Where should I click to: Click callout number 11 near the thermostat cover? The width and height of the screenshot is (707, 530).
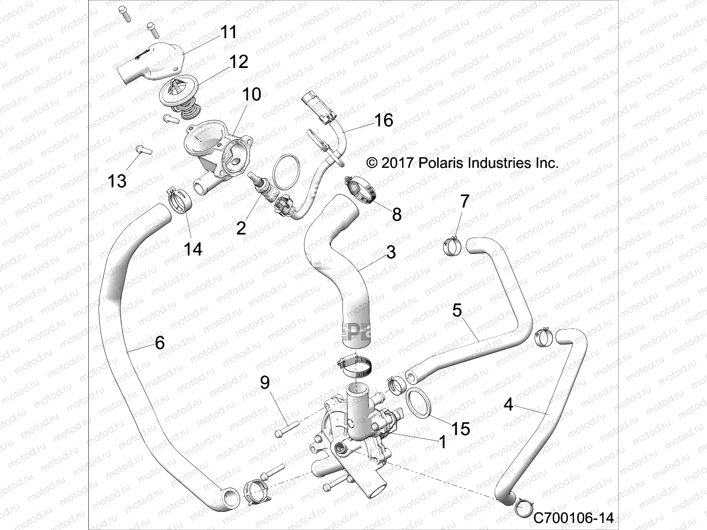(x=228, y=32)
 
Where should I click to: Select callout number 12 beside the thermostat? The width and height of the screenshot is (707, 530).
(x=238, y=62)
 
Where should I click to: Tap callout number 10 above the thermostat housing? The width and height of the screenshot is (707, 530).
(x=251, y=95)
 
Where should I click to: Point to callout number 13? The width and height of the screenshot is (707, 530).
(x=117, y=181)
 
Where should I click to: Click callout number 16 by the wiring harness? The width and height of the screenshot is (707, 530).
(x=383, y=120)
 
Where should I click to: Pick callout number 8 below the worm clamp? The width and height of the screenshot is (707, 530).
(x=396, y=215)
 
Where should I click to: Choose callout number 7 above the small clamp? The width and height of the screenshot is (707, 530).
(x=464, y=201)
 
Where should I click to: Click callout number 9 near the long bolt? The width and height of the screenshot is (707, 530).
(x=265, y=382)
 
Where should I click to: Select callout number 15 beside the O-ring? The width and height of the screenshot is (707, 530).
(x=460, y=428)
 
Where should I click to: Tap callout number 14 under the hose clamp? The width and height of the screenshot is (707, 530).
(x=193, y=249)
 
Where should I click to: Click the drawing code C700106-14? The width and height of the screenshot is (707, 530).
(x=574, y=518)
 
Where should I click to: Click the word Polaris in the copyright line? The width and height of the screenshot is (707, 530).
(x=438, y=163)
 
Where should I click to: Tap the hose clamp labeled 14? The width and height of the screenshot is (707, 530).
(x=179, y=201)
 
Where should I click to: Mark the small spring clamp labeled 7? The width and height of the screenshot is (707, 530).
(x=452, y=246)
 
